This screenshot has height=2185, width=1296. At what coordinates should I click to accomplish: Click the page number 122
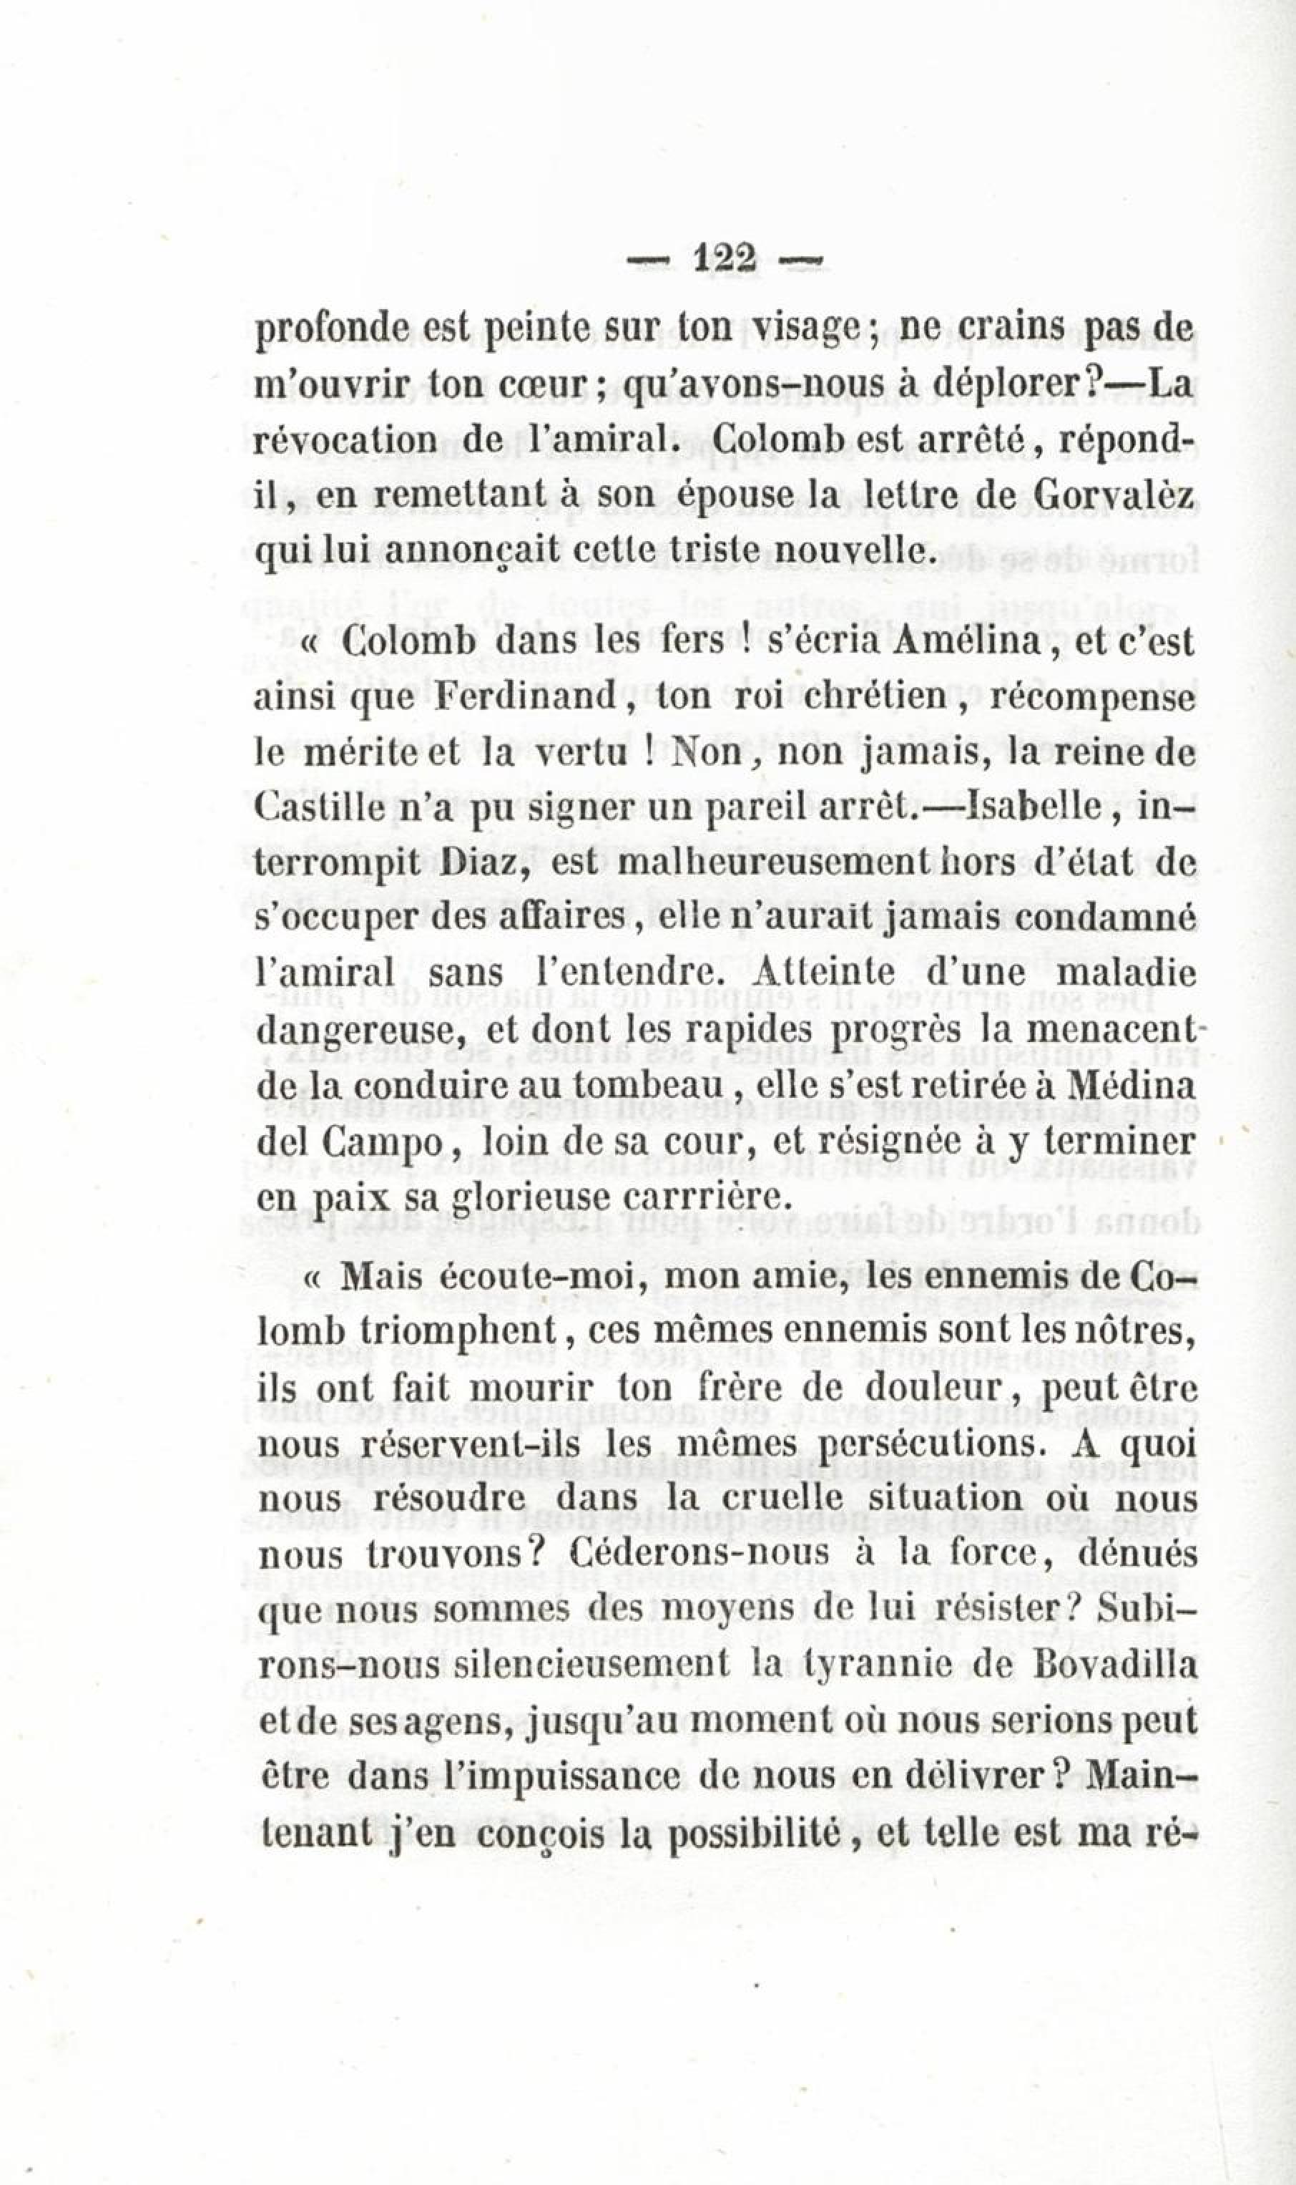[x=723, y=261]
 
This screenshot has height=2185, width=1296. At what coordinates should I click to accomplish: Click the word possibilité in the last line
[x=752, y=1832]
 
